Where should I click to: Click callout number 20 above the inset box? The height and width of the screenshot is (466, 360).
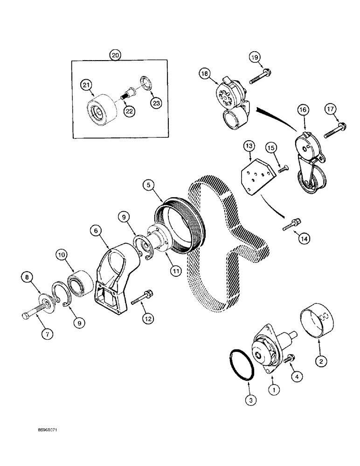coord(115,55)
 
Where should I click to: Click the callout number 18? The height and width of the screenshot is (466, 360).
coord(206,73)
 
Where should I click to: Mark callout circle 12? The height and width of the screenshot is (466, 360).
coord(147,318)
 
